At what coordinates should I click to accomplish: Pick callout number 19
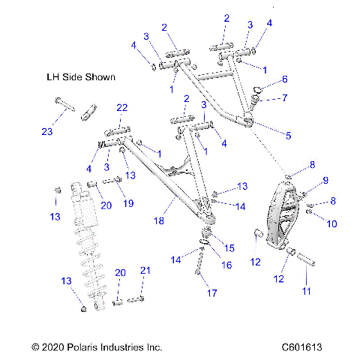coord(128,202)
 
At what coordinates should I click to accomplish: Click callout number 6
coord(284,79)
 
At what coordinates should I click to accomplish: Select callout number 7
coord(284,97)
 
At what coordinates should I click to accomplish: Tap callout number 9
coord(325,180)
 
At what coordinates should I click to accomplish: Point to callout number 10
coord(331,223)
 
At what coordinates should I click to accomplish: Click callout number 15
coord(229,247)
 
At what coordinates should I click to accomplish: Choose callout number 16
coord(226,264)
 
